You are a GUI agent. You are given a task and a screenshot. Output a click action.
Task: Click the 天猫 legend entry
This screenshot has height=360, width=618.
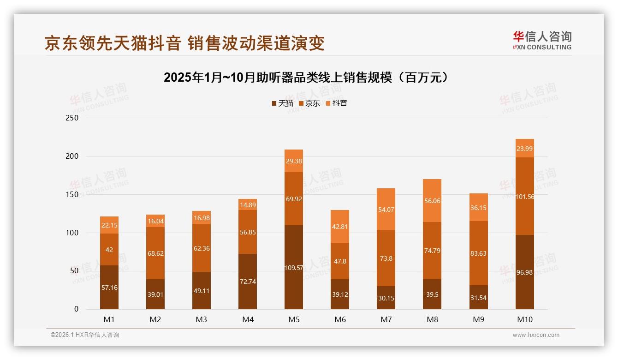282,103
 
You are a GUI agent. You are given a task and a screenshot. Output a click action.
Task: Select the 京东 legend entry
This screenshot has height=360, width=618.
309,103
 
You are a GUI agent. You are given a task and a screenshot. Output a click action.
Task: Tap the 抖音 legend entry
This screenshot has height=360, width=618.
337,103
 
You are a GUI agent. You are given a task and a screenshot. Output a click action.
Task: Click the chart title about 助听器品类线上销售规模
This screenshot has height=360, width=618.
306,78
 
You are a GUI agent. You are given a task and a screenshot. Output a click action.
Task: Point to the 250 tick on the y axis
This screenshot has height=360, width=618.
72,118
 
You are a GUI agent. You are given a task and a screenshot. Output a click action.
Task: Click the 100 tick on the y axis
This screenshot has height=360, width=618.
72,233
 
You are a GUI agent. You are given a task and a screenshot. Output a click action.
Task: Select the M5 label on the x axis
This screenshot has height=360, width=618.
294,319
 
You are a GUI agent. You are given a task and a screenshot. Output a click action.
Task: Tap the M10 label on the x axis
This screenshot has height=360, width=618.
524,319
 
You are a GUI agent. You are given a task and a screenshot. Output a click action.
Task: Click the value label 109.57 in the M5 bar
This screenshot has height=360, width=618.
294,268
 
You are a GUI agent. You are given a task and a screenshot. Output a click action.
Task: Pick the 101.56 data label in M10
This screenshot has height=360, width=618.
525,196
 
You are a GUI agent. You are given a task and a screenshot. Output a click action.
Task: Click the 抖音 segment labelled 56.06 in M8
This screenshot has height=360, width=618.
432,201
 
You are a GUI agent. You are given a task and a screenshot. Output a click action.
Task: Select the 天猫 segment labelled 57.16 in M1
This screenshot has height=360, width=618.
109,288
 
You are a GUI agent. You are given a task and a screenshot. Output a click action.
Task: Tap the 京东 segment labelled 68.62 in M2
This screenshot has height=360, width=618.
155,253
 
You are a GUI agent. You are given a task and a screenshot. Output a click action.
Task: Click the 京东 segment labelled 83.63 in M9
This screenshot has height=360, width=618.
478,253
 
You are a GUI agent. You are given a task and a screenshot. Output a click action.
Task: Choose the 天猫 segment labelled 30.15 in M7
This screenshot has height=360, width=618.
386,298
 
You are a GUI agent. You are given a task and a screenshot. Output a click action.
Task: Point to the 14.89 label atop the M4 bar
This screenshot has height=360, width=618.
248,205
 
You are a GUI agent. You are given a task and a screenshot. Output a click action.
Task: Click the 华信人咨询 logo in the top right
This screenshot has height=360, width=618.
542,41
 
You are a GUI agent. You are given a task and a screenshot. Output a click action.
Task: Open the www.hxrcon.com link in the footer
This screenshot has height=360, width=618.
536,335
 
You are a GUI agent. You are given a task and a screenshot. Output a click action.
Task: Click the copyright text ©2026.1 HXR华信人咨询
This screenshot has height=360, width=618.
84,335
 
